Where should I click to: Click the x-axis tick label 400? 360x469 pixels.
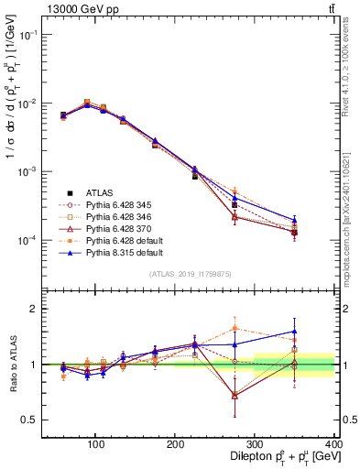coord(333,444)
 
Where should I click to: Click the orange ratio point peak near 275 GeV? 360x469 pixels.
coord(235,327)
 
